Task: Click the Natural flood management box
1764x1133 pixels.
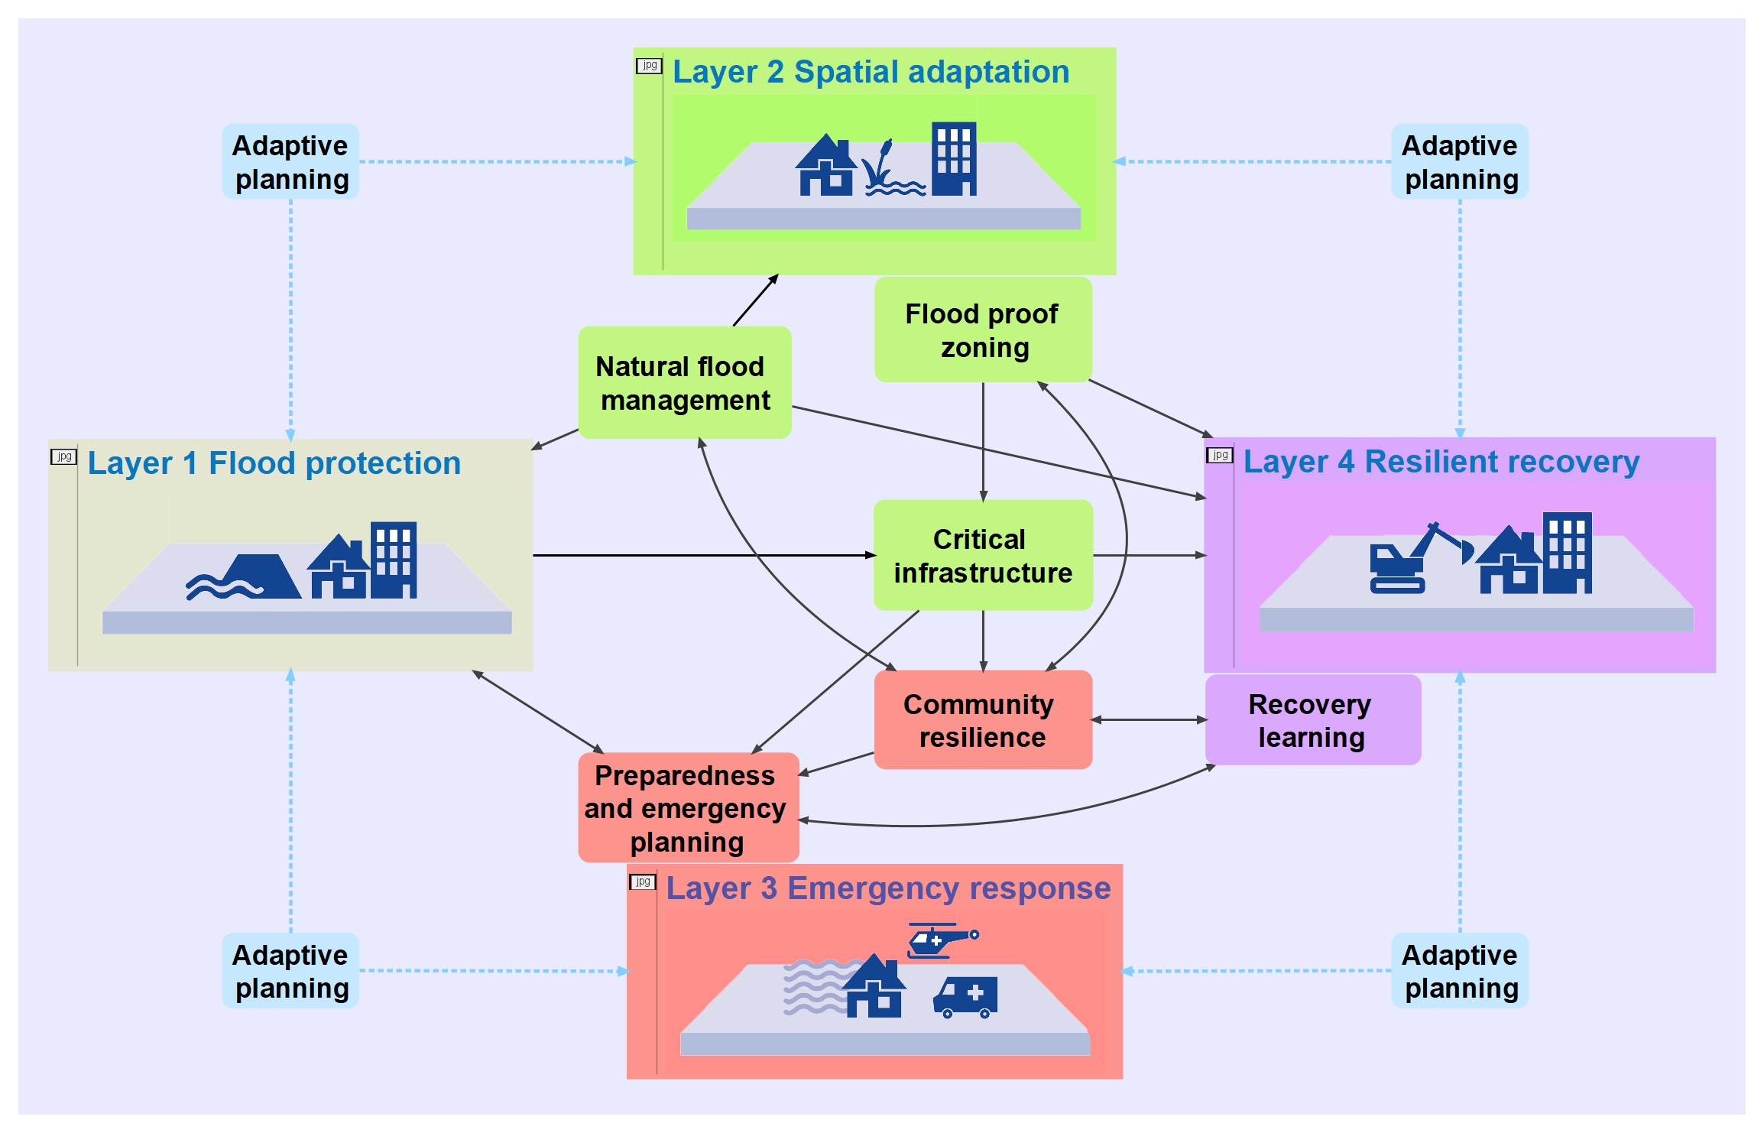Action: pos(684,382)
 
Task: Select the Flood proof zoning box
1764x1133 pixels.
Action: pos(983,330)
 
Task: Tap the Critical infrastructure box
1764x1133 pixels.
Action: pos(983,555)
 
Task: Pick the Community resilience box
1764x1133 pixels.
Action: pos(982,720)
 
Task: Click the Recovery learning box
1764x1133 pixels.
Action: pos(1312,720)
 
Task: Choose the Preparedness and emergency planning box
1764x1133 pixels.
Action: pos(688,808)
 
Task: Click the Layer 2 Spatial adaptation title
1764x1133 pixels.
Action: pos(871,72)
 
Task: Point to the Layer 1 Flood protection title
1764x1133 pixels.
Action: pos(274,463)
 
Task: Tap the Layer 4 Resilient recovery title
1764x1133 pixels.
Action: pos(1441,462)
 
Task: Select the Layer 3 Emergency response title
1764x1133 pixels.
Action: pos(888,888)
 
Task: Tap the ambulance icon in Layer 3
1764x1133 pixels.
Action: pos(965,997)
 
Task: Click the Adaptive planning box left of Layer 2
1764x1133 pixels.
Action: pos(290,162)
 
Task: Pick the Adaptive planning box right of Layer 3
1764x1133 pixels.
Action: pos(1459,971)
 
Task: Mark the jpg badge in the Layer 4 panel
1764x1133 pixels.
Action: pos(1219,456)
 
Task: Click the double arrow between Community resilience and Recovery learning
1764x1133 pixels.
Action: pos(1149,720)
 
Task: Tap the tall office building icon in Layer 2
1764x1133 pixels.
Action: pos(954,158)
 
